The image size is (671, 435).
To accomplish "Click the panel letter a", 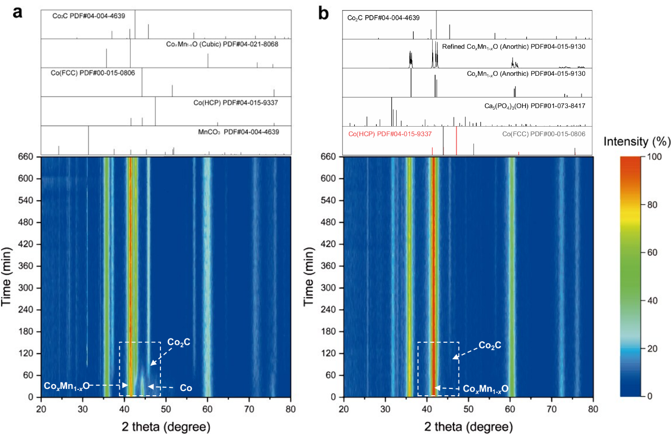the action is (17, 13).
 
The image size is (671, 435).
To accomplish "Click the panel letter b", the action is (323, 13).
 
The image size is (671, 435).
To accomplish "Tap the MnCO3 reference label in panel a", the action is (238, 132).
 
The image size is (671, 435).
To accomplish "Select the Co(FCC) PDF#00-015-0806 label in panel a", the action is (93, 73).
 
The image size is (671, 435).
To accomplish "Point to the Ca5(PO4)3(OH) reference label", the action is (535, 106).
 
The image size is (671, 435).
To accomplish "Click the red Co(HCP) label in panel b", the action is (390, 134).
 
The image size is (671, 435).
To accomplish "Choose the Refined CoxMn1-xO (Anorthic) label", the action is (514, 47).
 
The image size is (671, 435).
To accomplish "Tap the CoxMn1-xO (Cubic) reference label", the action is (222, 45).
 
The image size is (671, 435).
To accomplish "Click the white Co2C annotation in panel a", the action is (178, 342).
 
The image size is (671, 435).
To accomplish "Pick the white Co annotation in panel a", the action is (186, 388).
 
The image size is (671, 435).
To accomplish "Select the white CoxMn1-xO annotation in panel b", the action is (486, 389).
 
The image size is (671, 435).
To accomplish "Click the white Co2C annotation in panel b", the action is (490, 345).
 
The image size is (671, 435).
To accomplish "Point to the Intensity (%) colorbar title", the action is (637, 141).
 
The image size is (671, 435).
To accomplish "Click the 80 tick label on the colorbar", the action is (652, 205).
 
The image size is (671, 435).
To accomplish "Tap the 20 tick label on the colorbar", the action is (652, 349).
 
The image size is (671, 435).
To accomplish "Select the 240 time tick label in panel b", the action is (328, 309).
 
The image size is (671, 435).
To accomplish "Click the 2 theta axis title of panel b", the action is (469, 427).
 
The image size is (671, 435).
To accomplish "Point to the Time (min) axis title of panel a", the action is (6, 277).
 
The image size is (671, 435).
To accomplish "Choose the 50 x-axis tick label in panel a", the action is (166, 409).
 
